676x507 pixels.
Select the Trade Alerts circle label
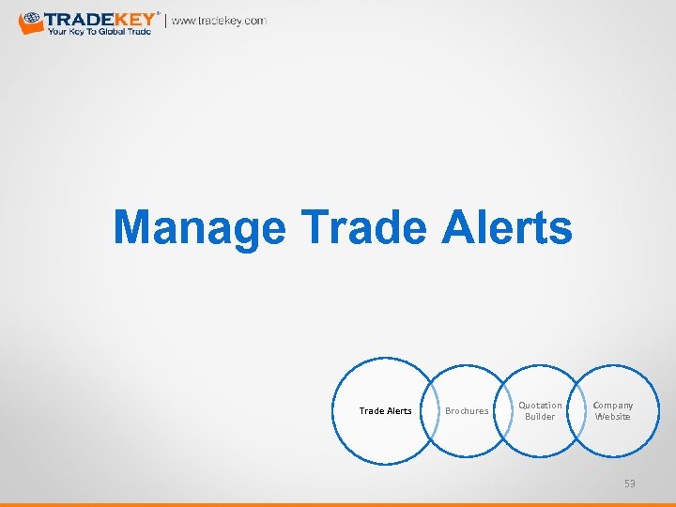385,411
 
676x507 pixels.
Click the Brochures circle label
467,411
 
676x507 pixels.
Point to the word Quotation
540,406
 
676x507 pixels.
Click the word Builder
540,417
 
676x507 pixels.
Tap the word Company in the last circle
613,406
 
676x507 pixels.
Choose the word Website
613,417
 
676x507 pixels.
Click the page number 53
629,484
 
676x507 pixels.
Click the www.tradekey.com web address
219,21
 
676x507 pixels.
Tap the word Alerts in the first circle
398,411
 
